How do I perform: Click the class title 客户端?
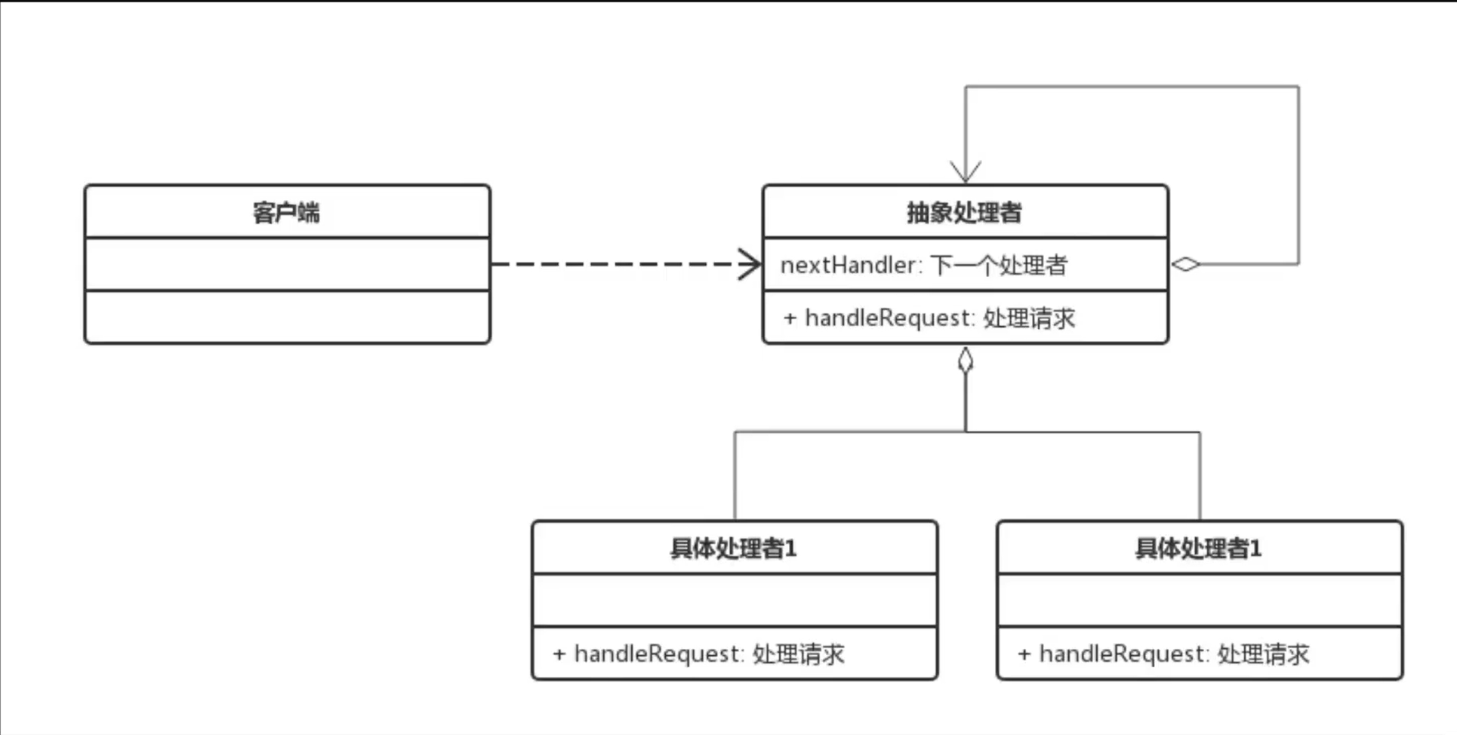286,213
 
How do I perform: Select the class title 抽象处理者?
964,213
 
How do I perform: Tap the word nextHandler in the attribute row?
847,266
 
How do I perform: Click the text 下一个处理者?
998,266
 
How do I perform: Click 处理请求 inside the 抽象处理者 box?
1029,318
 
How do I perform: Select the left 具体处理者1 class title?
733,549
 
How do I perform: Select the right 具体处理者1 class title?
1198,549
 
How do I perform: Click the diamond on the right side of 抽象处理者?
1185,264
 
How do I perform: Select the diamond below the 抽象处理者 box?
966,361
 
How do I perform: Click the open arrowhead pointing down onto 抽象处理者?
966,173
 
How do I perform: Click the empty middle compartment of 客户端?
287,264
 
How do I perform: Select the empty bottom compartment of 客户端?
287,317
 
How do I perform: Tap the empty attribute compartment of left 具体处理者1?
735,600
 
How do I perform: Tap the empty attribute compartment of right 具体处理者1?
1200,600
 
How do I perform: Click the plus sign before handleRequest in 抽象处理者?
790,318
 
